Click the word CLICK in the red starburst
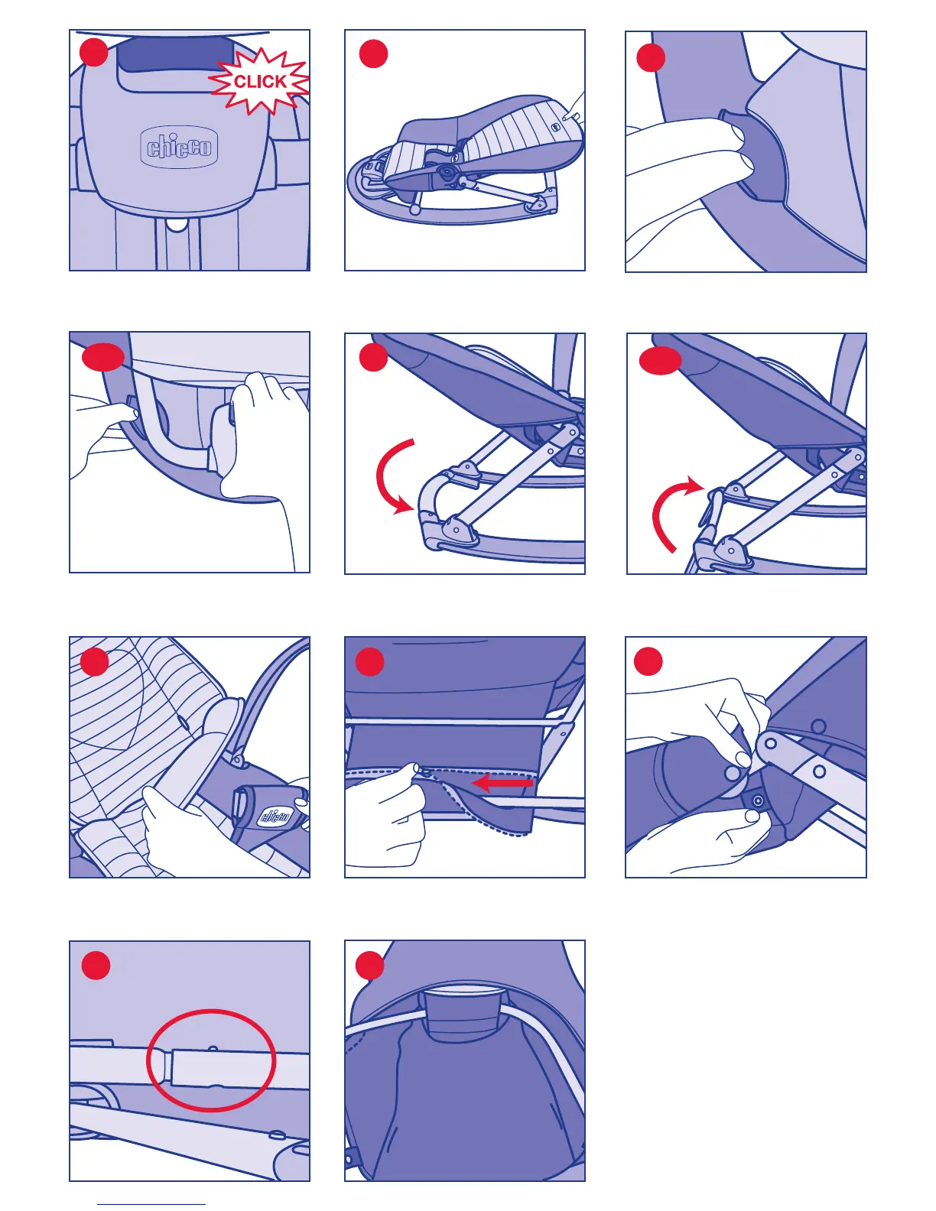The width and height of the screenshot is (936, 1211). (260, 81)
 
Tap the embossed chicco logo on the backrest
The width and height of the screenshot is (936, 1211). (179, 147)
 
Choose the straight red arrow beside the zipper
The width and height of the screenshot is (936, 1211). (502, 783)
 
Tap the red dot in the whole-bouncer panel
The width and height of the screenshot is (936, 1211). (373, 54)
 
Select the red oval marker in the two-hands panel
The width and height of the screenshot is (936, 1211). (103, 357)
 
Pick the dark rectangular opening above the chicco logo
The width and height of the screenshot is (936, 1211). (174, 54)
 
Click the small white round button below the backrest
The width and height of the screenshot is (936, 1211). (177, 225)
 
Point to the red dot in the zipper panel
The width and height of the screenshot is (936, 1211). (369, 661)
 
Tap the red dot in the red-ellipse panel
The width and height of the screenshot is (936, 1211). (96, 965)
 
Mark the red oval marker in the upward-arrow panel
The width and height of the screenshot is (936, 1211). (660, 361)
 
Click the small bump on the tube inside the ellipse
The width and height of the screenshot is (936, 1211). (213, 1048)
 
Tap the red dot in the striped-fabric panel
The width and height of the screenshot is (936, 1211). (95, 661)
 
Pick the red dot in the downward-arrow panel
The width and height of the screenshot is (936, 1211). (373, 357)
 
